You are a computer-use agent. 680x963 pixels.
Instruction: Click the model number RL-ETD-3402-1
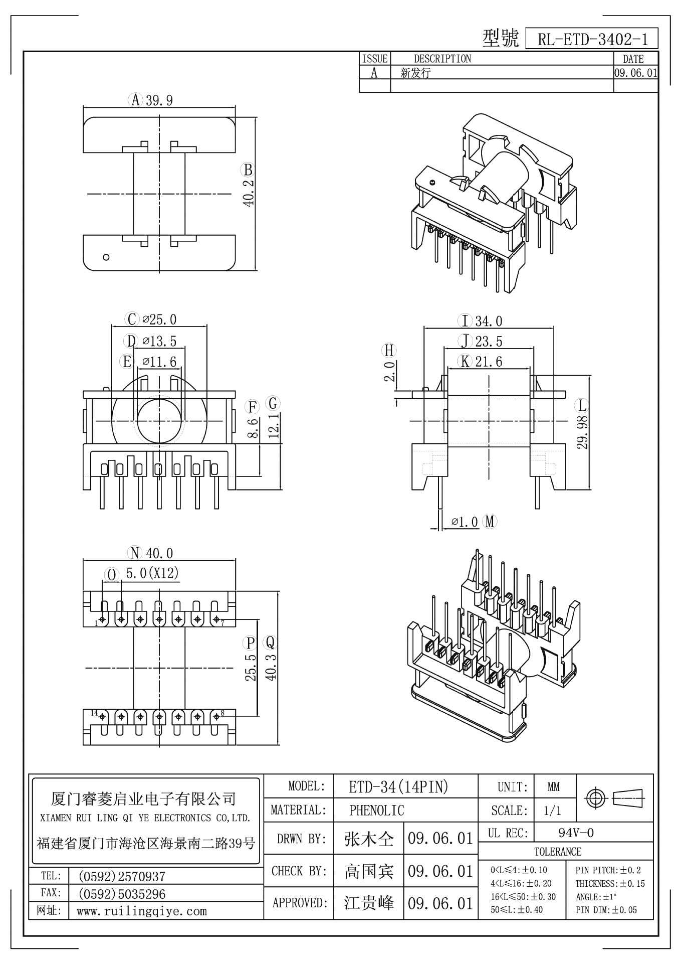click(x=592, y=39)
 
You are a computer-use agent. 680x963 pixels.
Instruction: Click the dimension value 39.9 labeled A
click(x=159, y=100)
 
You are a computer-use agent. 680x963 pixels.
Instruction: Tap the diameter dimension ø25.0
click(x=159, y=319)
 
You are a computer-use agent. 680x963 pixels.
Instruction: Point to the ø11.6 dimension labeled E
click(x=159, y=361)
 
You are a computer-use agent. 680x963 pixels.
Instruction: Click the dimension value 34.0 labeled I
click(x=489, y=321)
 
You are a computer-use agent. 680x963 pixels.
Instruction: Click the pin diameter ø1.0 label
click(x=465, y=522)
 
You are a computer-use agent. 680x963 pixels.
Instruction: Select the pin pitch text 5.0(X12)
click(x=152, y=573)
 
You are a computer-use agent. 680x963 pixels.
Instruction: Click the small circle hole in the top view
click(x=106, y=257)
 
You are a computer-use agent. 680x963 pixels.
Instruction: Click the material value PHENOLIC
click(x=376, y=810)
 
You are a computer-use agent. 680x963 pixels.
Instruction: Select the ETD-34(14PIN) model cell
click(x=398, y=787)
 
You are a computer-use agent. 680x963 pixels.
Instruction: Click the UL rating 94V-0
click(x=576, y=833)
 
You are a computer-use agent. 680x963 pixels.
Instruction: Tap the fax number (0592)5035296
click(x=122, y=894)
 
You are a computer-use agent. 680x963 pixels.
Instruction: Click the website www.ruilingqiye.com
click(x=142, y=911)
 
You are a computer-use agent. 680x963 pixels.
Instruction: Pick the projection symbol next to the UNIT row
click(x=615, y=797)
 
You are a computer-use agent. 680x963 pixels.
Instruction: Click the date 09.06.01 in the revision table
click(x=635, y=73)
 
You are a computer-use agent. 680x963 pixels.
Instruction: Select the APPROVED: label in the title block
click(x=299, y=903)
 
